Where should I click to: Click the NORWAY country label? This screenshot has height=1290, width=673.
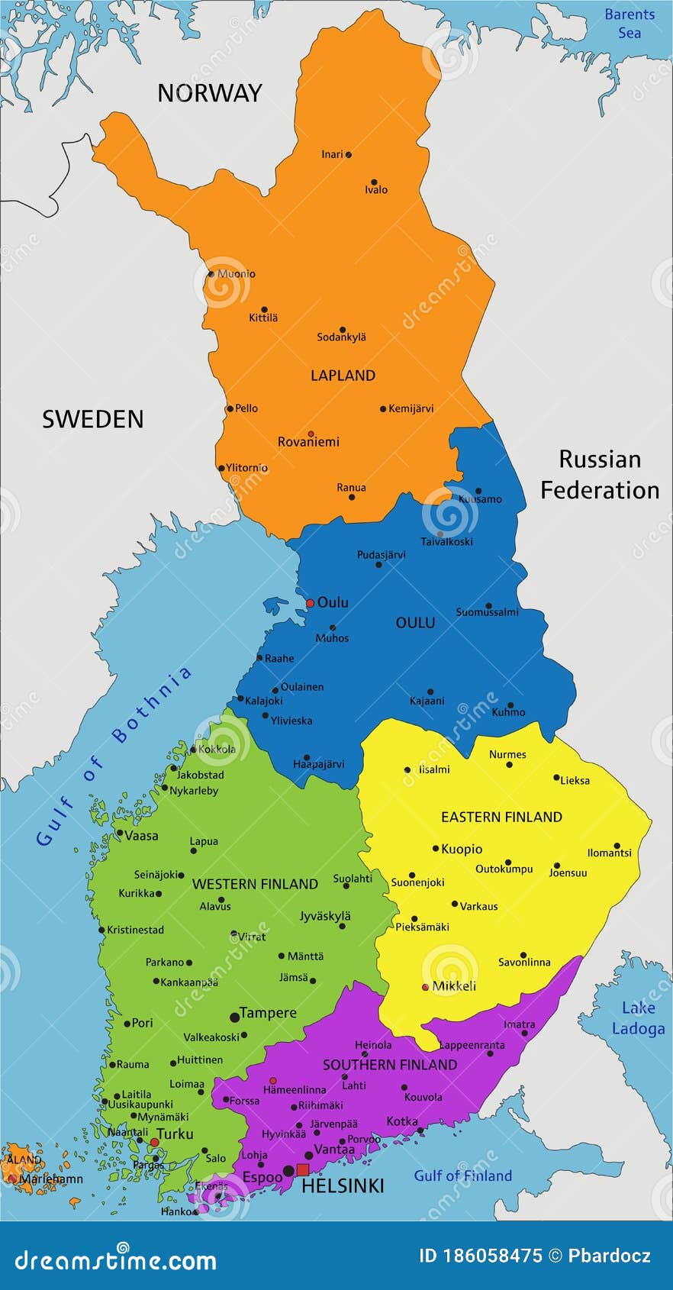click(209, 93)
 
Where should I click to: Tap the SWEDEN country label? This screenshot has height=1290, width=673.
click(92, 419)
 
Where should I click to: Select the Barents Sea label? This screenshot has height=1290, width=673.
click(629, 23)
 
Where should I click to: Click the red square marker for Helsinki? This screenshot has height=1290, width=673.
click(303, 1170)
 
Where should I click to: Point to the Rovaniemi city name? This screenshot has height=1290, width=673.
click(308, 442)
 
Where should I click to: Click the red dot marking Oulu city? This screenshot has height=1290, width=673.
click(310, 603)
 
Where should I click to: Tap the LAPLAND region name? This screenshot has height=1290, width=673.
click(343, 376)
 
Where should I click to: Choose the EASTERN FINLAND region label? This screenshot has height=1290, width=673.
click(501, 817)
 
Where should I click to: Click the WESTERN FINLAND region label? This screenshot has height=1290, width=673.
click(255, 884)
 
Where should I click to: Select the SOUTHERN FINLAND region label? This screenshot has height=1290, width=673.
click(389, 1065)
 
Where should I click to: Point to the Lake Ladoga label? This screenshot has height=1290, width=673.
click(638, 1018)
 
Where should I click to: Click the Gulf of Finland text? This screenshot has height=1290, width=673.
click(462, 1176)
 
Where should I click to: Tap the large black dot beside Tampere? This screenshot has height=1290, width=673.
click(234, 1017)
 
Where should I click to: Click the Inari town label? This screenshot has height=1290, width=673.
click(332, 154)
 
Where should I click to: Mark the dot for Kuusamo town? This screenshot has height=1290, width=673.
click(478, 492)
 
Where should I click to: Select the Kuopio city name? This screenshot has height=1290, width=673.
click(462, 849)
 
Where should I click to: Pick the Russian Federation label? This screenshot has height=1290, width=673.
click(600, 474)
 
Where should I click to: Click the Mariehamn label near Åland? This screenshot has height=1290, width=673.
click(51, 1179)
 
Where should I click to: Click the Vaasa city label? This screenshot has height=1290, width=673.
click(141, 836)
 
